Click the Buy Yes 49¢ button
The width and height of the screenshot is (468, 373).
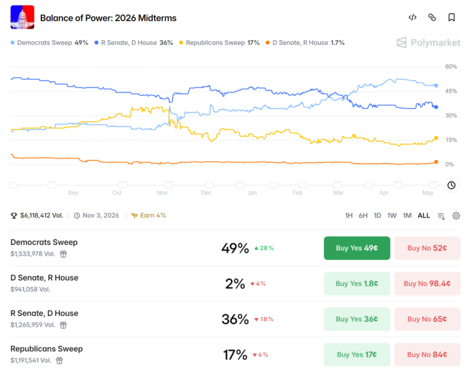pyautogui.click(x=357, y=248)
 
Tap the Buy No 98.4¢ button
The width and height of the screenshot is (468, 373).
pyautogui.click(x=427, y=283)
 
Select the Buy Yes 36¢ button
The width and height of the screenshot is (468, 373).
pyautogui.click(x=357, y=319)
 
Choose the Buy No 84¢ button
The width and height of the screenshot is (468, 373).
pyautogui.click(x=427, y=354)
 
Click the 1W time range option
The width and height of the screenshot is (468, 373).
pyautogui.click(x=392, y=216)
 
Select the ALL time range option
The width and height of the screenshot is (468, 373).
pyautogui.click(x=424, y=216)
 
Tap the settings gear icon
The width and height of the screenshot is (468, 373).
pyautogui.click(x=456, y=216)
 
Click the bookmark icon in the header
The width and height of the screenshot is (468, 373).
pyautogui.click(x=452, y=17)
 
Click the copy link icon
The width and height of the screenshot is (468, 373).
pyautogui.click(x=432, y=17)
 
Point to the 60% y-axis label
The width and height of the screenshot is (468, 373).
pyautogui.click(x=451, y=67)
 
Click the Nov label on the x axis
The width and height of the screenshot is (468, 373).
pyautogui.click(x=162, y=192)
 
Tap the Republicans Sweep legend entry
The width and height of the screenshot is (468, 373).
pyautogui.click(x=219, y=43)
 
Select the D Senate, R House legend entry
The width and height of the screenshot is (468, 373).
pyautogui.click(x=305, y=43)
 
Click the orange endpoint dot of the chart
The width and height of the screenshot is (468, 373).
pyautogui.click(x=436, y=162)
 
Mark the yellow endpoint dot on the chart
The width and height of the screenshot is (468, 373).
pyautogui.click(x=436, y=138)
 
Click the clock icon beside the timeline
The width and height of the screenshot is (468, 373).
pyautogui.click(x=451, y=185)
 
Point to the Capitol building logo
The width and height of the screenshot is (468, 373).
pyautogui.click(x=22, y=17)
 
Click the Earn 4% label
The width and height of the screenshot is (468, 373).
pyautogui.click(x=148, y=215)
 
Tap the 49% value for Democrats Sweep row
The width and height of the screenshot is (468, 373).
pyautogui.click(x=235, y=248)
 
